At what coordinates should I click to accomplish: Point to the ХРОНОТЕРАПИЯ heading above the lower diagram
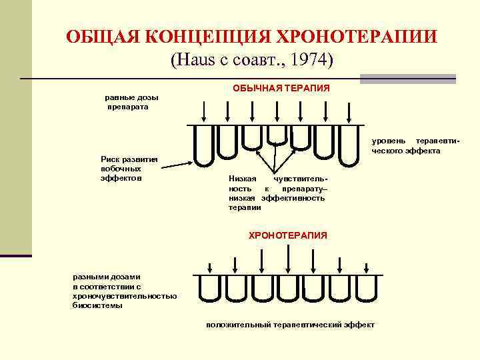pos(288,235)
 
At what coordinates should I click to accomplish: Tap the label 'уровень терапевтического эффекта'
pos(416,146)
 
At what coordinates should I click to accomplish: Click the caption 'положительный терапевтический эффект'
pos(291,325)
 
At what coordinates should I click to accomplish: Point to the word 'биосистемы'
pos(97,305)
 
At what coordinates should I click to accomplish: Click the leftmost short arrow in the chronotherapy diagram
pos(210,268)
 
